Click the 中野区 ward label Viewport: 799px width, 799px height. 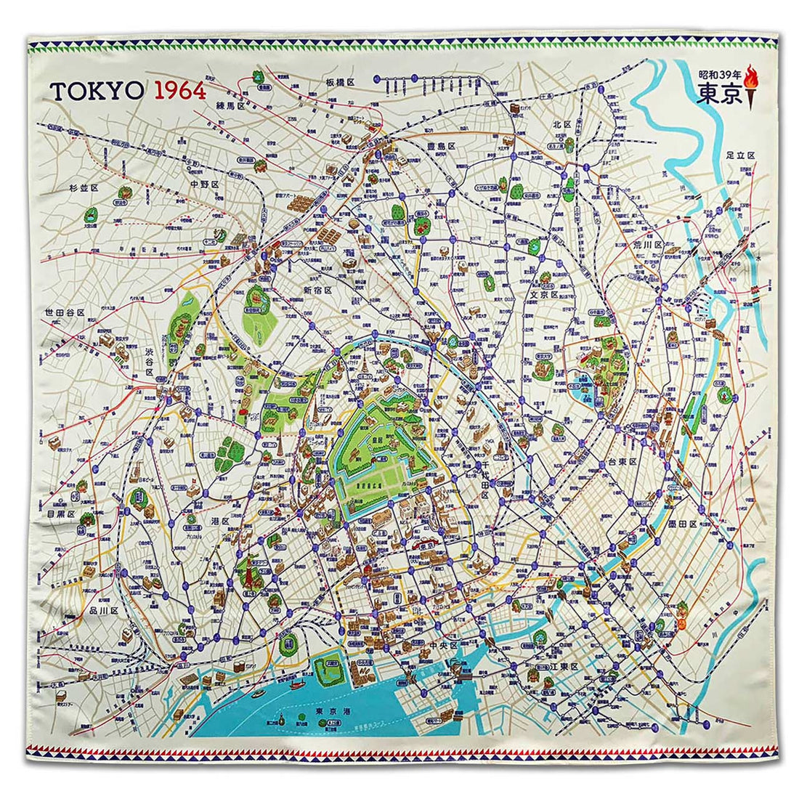pyautogui.click(x=205, y=184)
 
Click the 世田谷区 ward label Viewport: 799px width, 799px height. pyautogui.click(x=64, y=312)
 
